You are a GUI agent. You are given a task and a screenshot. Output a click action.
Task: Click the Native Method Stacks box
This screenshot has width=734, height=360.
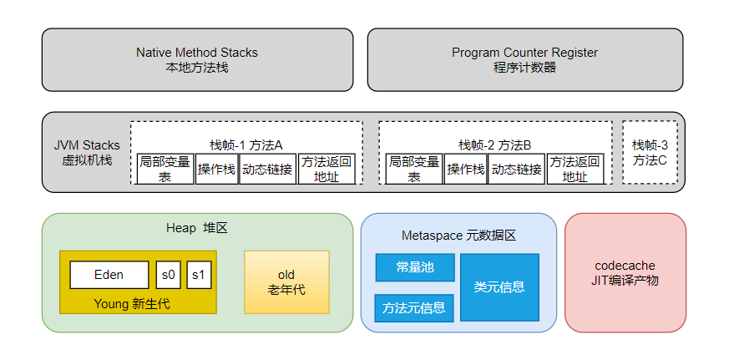click(197, 59)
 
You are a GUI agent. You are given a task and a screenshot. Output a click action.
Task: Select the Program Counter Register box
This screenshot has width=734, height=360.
click(524, 59)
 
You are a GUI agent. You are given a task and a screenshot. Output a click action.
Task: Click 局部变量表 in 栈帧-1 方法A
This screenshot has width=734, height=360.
click(165, 169)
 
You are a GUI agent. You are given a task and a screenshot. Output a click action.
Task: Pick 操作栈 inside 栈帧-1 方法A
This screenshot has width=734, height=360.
click(216, 169)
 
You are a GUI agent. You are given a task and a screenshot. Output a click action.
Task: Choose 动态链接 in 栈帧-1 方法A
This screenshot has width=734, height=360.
click(267, 169)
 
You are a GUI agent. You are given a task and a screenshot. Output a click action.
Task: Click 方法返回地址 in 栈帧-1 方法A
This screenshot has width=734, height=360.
click(327, 169)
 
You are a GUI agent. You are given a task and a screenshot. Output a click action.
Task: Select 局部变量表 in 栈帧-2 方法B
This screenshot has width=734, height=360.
click(413, 169)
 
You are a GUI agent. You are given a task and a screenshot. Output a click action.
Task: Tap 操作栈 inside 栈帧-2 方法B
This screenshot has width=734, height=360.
click(465, 169)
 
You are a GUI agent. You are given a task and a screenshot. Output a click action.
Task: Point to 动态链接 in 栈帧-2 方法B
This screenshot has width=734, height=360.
click(516, 169)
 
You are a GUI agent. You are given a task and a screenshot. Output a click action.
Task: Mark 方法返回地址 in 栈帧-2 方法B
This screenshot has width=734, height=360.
click(575, 169)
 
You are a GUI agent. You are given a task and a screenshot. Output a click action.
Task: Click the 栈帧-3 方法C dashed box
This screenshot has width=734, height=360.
click(650, 152)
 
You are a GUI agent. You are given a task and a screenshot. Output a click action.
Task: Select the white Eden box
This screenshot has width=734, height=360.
click(109, 275)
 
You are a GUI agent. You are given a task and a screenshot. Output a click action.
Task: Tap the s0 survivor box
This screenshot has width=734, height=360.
click(168, 275)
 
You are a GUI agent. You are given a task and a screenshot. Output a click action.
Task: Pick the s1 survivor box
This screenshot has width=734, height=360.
click(199, 275)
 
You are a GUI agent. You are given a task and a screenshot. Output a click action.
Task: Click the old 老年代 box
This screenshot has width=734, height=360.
click(286, 281)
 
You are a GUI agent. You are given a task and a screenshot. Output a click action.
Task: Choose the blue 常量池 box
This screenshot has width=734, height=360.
click(415, 267)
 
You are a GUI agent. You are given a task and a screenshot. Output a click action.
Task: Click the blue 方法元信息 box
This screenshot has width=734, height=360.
click(414, 307)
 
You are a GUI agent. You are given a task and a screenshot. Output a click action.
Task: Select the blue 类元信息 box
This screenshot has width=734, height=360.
click(499, 287)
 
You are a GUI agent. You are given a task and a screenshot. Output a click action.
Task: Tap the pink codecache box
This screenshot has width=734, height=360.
click(625, 272)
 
